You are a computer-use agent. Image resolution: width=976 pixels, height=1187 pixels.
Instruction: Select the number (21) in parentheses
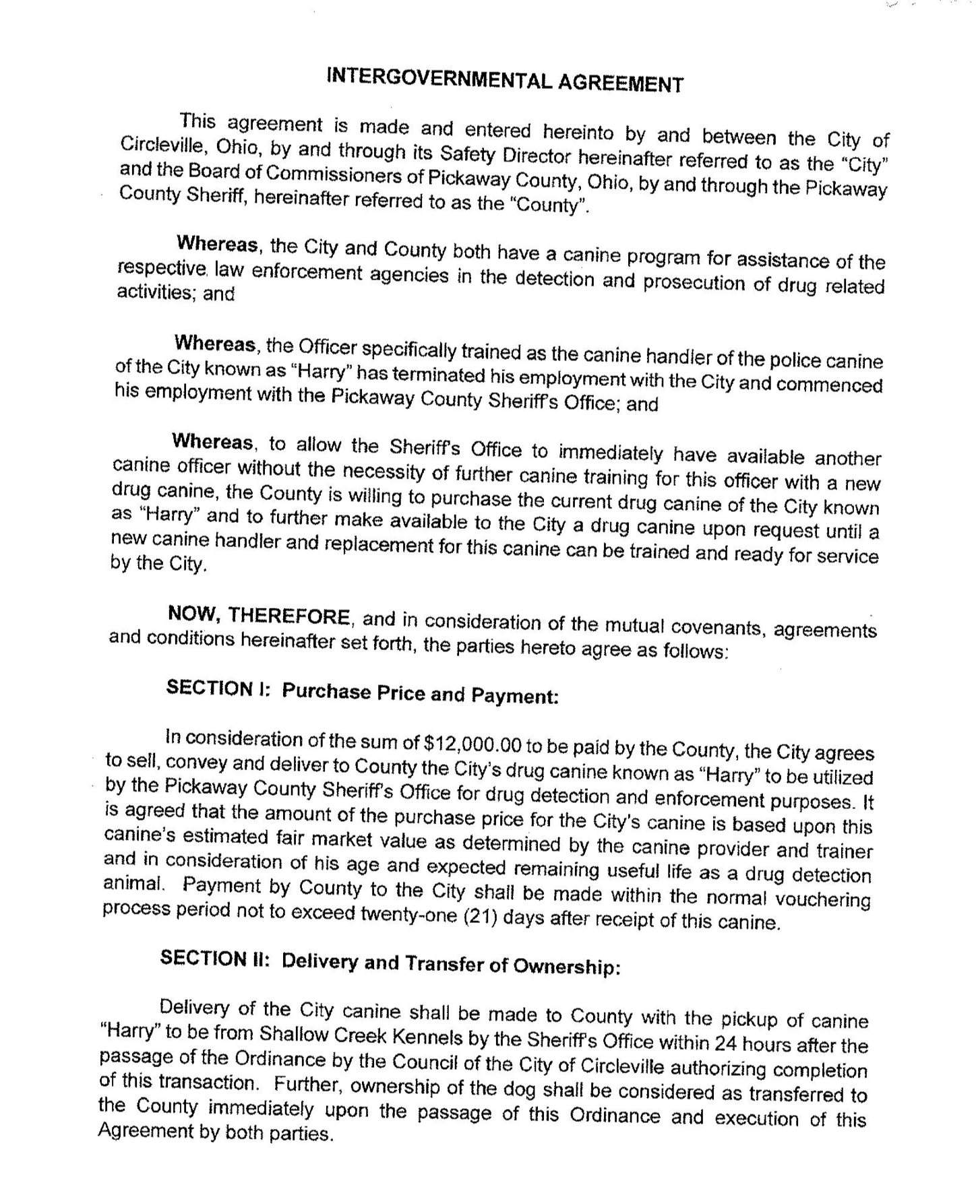tap(481, 917)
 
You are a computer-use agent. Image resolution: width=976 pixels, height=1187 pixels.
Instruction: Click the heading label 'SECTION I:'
tap(218, 688)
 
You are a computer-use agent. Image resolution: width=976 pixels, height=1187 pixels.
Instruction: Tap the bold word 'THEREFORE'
tap(288, 616)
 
